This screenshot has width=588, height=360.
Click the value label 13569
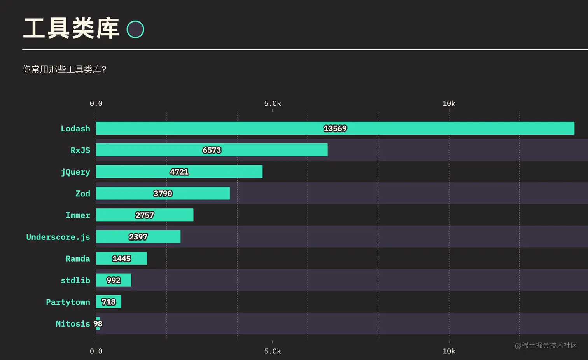coord(335,128)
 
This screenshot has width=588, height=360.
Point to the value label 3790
coord(163,194)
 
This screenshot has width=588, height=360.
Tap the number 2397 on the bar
coord(138,237)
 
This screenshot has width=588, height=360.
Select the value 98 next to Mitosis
coord(98,323)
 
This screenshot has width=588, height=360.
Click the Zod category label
coord(82,194)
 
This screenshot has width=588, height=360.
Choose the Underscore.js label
coord(58,237)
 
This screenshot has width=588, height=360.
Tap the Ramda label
coord(78,259)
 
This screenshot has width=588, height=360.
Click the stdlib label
coord(75,280)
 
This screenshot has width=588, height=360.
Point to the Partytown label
coord(68,302)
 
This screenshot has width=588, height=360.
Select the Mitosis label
coord(73,323)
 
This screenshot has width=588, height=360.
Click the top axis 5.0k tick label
coord(272,103)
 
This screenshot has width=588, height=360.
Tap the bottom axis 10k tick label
coord(449,351)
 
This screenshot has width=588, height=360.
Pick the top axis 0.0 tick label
coord(96,103)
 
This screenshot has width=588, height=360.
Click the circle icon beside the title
coord(135,29)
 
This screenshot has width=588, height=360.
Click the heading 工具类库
coord(71,28)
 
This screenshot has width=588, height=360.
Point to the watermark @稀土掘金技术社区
coord(546,345)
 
